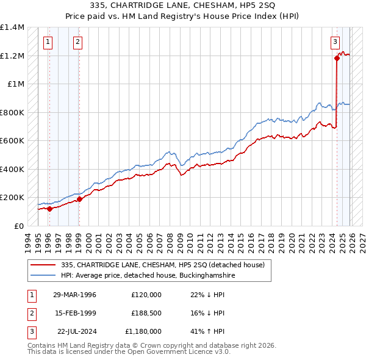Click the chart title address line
tap(182, 5)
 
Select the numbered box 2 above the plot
tap(78, 42)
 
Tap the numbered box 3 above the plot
tap(335, 42)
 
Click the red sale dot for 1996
tap(49, 209)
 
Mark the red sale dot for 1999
tap(79, 199)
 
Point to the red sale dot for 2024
tap(337, 59)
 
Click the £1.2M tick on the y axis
tap(12, 56)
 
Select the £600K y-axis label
tap(12, 140)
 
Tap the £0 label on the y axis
tap(18, 226)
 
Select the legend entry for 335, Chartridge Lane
tap(162, 265)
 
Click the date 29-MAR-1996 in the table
tap(74, 295)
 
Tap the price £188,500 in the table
tap(146, 313)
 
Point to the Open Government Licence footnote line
tap(129, 353)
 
